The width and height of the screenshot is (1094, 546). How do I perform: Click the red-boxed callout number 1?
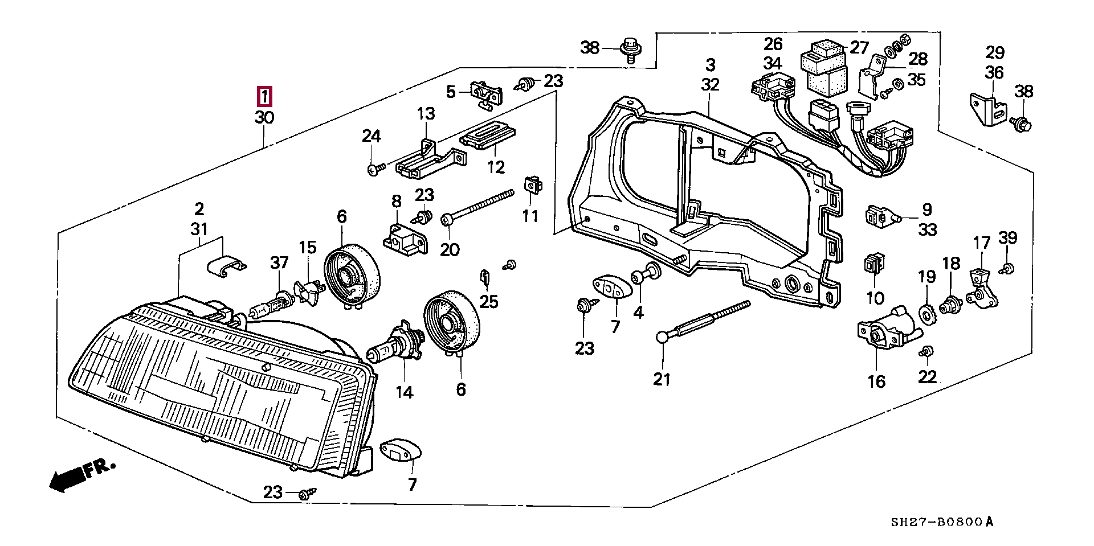click(264, 97)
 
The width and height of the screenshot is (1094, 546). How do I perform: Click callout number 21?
click(662, 379)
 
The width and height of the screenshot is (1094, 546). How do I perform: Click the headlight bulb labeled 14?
click(393, 344)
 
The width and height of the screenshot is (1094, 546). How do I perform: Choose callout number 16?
click(876, 381)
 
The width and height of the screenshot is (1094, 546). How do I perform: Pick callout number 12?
click(496, 167)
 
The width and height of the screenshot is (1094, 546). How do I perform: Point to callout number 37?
click(279, 262)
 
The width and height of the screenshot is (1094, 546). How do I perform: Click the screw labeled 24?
click(376, 169)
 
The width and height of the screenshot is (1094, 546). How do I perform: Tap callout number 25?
click(489, 301)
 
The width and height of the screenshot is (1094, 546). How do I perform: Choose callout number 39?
click(1007, 237)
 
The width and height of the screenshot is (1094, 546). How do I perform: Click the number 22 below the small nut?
click(927, 377)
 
